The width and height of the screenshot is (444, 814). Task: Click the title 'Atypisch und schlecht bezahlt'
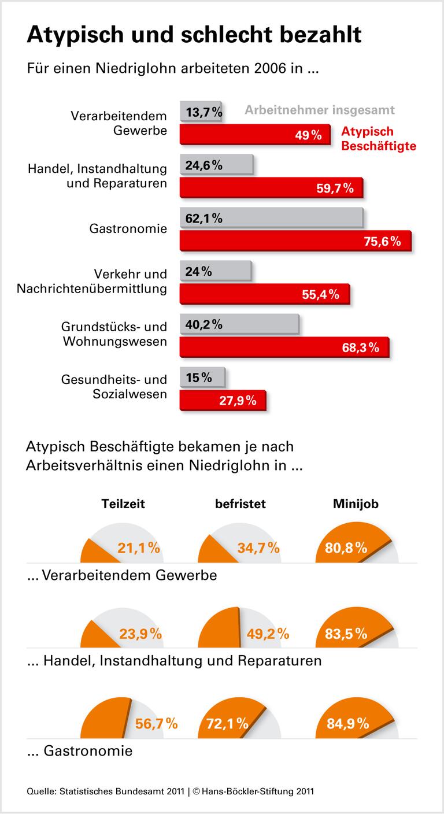tap(194, 35)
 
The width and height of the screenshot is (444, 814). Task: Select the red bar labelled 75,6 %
tap(295, 241)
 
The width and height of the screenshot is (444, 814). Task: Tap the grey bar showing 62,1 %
tap(271, 219)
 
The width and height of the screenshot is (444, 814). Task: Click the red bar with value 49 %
tap(254, 135)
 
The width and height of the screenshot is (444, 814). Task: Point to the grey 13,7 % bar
tap(202, 112)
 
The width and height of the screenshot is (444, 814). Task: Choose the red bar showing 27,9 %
tap(223, 400)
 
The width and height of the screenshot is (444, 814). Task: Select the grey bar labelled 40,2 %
tap(239, 324)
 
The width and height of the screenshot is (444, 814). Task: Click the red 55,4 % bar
tap(265, 294)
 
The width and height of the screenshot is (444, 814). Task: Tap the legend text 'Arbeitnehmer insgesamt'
tap(320, 110)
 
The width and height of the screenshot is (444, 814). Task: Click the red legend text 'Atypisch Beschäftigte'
tap(379, 139)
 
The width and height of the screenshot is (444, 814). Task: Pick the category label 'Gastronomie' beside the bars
tap(128, 229)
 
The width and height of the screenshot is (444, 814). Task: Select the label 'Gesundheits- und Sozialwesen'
tap(114, 387)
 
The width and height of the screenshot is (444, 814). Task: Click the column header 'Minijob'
tap(356, 504)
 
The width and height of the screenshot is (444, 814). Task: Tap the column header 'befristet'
tap(240, 504)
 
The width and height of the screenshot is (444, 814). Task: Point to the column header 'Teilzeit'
tap(123, 504)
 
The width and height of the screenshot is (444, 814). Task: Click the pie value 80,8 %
tap(346, 547)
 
